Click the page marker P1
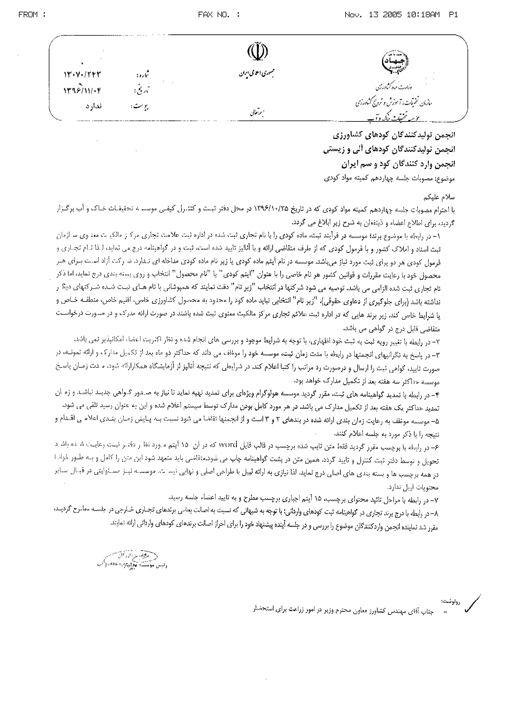(453, 15)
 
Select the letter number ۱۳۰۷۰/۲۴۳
(83, 75)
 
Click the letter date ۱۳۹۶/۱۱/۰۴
(83, 91)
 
